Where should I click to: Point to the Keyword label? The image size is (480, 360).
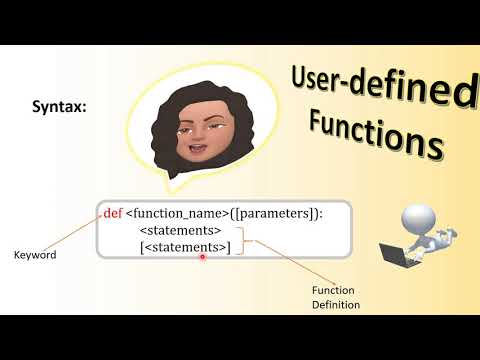(x=34, y=255)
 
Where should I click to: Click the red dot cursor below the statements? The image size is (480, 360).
(x=202, y=257)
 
